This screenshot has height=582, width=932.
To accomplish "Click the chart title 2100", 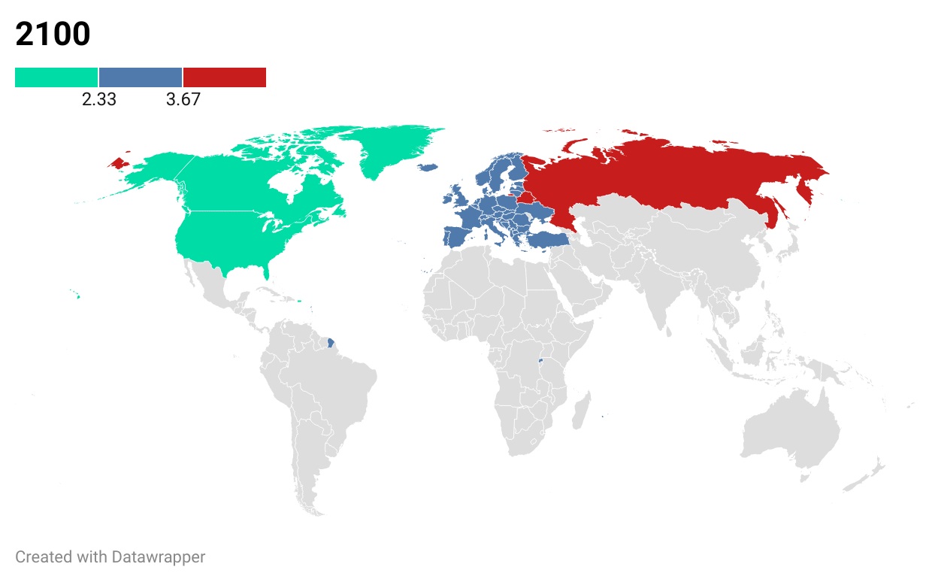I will tap(53, 35).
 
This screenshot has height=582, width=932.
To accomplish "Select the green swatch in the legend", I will tap(56, 77).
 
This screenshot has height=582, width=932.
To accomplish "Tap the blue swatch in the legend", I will tap(141, 77).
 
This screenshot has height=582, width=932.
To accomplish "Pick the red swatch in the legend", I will tap(225, 77).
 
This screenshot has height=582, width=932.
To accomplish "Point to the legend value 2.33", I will tap(98, 99).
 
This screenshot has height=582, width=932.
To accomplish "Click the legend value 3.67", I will tap(183, 99).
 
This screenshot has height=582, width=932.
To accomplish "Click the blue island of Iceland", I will tap(428, 168).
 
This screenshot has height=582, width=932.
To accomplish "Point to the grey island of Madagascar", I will tap(580, 414).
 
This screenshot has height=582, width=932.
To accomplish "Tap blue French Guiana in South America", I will tap(331, 344).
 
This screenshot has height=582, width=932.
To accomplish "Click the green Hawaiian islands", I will tap(77, 296).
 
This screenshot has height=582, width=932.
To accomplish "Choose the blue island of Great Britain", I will tap(458, 198).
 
